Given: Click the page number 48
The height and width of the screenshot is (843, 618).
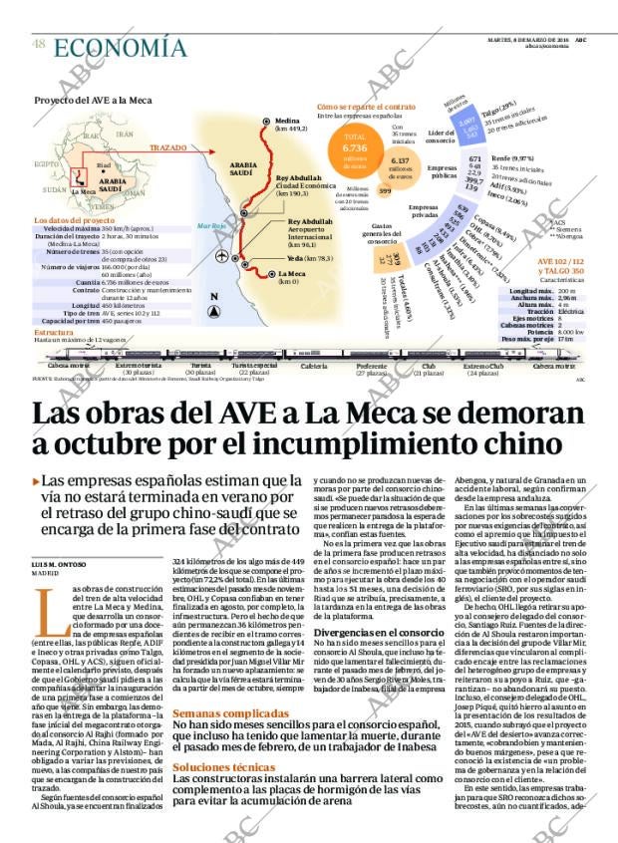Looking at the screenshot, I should pyautogui.click(x=38, y=42).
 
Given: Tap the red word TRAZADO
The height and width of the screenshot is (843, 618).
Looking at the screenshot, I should pyautogui.click(x=168, y=146).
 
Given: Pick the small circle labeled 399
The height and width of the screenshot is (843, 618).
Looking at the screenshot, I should pyautogui.click(x=385, y=190).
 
